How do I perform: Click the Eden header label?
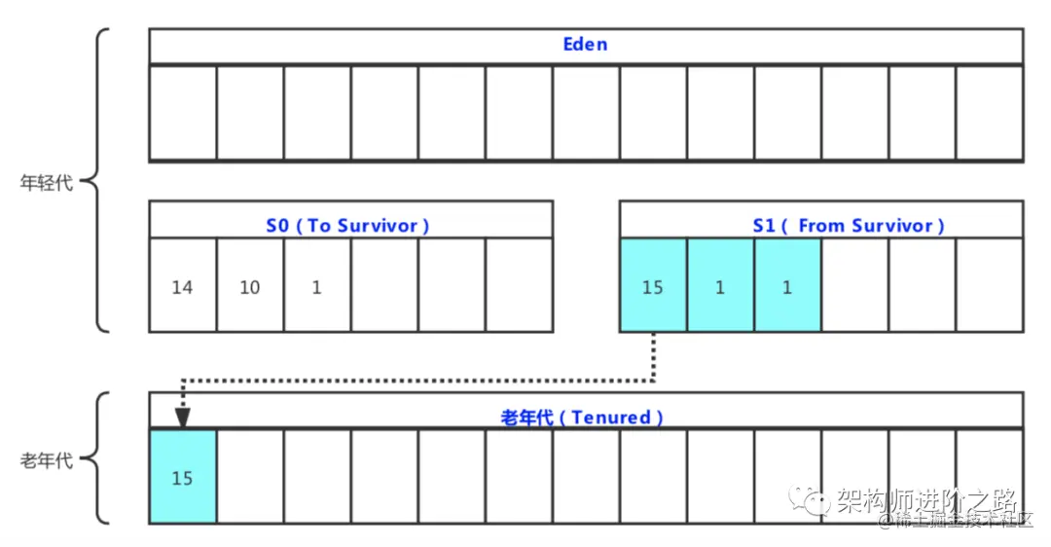tap(585, 45)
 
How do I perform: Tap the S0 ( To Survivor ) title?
tap(347, 226)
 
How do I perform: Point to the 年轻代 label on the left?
tap(47, 183)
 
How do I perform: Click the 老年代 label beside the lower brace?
tap(47, 459)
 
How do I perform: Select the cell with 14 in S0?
tap(182, 288)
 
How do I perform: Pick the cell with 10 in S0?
tap(250, 288)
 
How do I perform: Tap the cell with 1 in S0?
tap(317, 288)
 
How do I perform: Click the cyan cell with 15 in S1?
tap(653, 288)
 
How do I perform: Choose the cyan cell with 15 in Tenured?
tap(182, 478)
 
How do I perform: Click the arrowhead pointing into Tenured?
tap(182, 417)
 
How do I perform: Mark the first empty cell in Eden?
tap(182, 112)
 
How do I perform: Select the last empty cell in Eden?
tap(989, 112)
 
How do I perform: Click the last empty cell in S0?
tap(519, 285)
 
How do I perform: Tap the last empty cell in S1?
tap(989, 285)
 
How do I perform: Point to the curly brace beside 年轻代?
tap(98, 181)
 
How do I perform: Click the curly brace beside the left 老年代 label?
tap(98, 458)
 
